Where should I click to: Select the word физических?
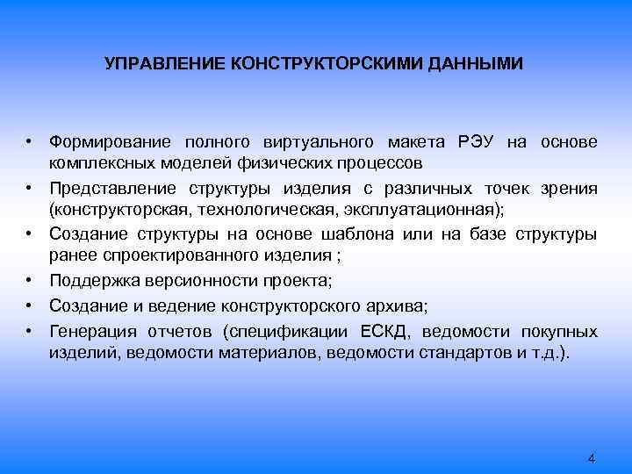[262, 163]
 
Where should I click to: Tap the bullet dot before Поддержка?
[29, 282]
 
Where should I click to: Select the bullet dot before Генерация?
[29, 332]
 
